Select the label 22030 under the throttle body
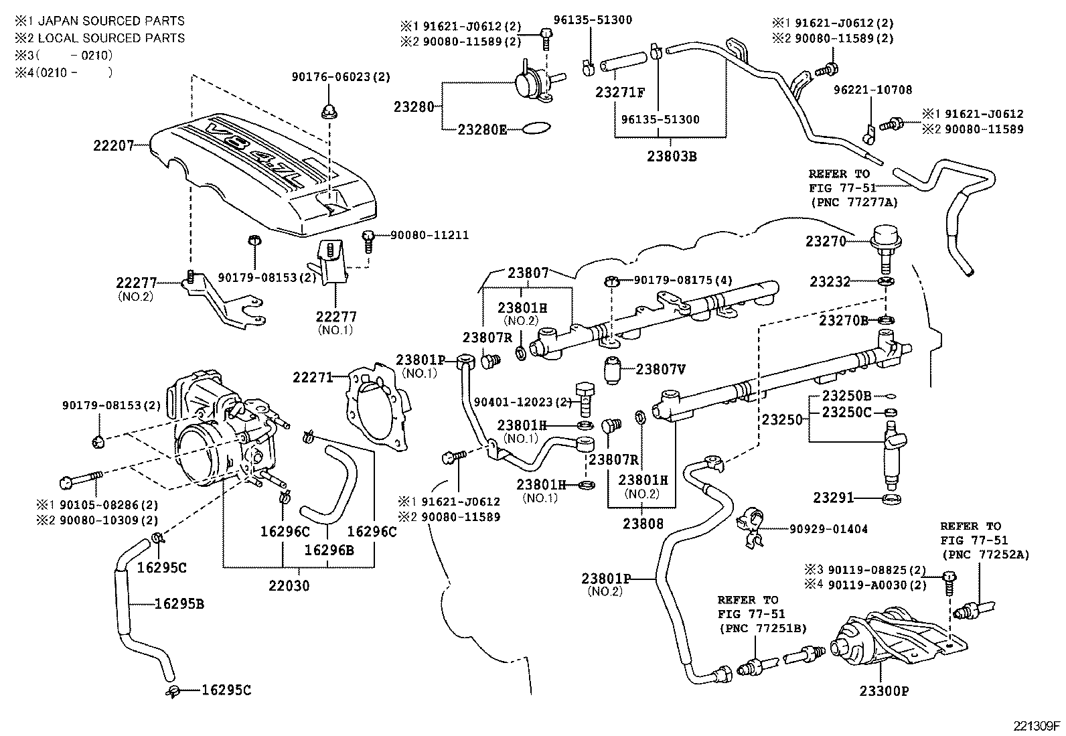click(x=289, y=585)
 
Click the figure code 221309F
click(x=1035, y=725)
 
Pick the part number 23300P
click(x=884, y=690)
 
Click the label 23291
click(x=834, y=498)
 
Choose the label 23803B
click(x=672, y=157)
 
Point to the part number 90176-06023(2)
click(x=340, y=77)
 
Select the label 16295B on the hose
click(x=179, y=603)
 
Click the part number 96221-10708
click(x=872, y=90)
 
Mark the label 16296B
click(x=329, y=549)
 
